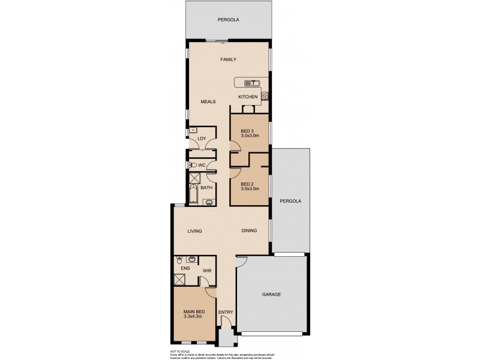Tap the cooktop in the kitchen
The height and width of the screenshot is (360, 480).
click(x=265, y=95)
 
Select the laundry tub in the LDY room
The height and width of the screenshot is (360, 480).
click(x=193, y=129)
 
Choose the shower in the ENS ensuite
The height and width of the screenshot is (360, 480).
click(x=179, y=278)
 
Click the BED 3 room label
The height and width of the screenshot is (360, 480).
click(x=247, y=131)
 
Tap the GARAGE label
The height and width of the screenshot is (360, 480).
click(x=271, y=295)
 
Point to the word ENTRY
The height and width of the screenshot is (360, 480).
click(x=225, y=312)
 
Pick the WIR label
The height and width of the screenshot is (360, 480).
click(x=206, y=271)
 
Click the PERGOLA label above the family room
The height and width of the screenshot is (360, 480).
click(x=228, y=20)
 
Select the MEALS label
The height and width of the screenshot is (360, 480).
click(x=208, y=101)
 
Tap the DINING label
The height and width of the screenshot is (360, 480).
click(x=250, y=231)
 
